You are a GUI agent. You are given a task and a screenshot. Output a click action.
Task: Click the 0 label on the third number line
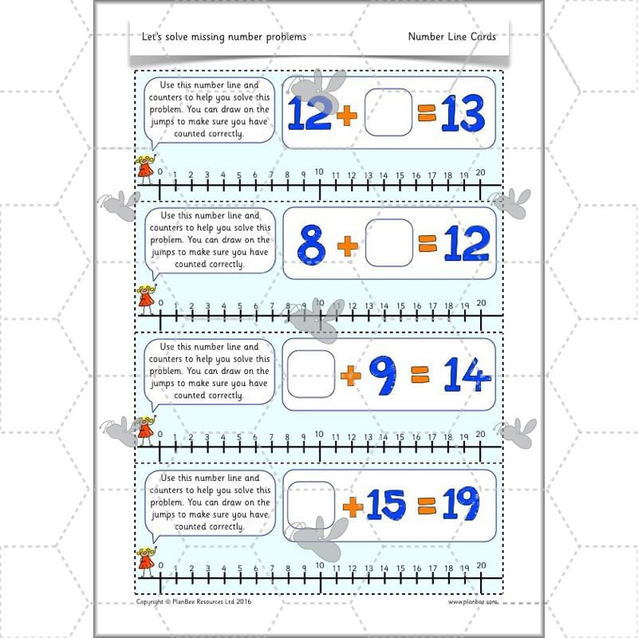click(160, 435)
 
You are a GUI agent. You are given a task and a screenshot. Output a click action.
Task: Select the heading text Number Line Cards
click(451, 37)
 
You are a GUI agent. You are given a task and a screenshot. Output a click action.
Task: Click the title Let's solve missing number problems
click(222, 37)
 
